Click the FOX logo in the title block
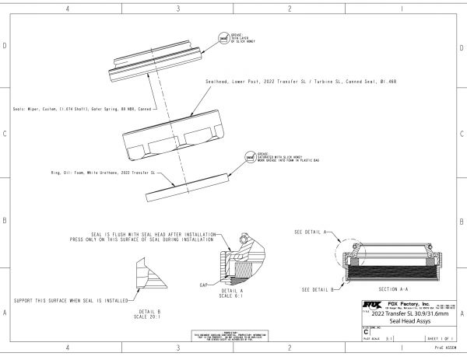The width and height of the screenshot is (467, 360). click(x=373, y=306)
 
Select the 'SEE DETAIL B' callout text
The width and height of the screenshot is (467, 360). click(x=317, y=288)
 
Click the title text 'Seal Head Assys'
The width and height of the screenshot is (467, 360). click(x=409, y=321)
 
